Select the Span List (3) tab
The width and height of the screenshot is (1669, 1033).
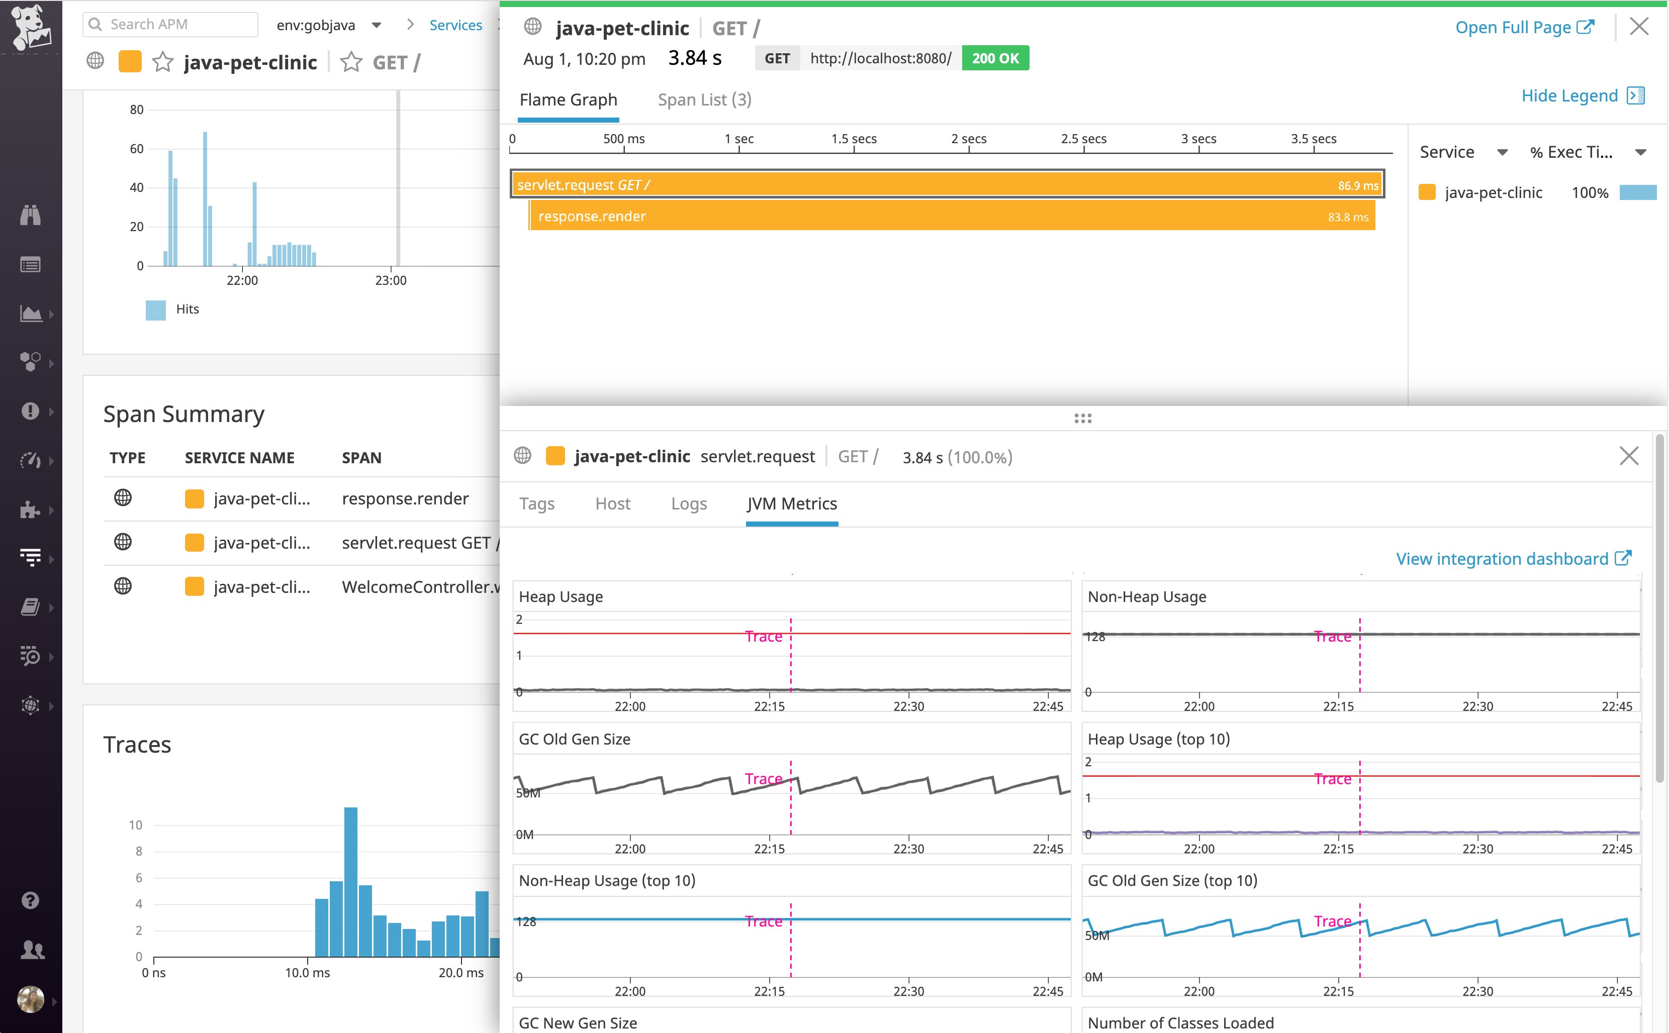tap(704, 100)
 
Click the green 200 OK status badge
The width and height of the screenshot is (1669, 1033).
tap(994, 58)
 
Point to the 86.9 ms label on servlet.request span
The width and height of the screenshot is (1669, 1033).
tap(1357, 186)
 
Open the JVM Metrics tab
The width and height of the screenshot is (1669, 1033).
tap(791, 503)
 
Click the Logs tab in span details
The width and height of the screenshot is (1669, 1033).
tap(688, 503)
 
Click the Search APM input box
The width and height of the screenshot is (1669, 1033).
tap(171, 25)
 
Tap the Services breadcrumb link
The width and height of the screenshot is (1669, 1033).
tap(455, 25)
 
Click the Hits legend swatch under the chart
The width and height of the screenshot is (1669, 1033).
tap(156, 309)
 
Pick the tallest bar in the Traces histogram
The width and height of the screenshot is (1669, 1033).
tap(350, 881)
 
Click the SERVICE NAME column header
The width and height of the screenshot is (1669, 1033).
tap(239, 458)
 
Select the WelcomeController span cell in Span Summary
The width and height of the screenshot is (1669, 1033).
tap(420, 587)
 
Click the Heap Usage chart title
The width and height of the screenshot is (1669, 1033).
tap(561, 596)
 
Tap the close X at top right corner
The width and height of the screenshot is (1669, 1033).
tap(1638, 27)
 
